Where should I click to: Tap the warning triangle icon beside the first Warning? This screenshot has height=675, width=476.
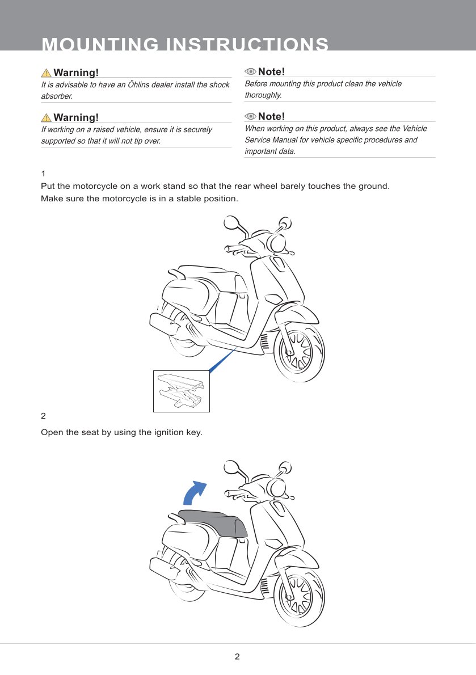point(46,73)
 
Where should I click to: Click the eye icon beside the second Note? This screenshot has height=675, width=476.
point(250,116)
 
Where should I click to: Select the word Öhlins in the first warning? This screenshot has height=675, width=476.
point(138,85)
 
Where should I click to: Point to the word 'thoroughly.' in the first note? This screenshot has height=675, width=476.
point(263,95)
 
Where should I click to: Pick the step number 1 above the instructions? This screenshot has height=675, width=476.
point(43,174)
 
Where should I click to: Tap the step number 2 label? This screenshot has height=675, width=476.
point(43,416)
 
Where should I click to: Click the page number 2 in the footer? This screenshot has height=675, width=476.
point(237,656)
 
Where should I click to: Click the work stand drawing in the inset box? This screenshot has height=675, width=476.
point(181,390)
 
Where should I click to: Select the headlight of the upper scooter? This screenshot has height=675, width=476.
point(276,243)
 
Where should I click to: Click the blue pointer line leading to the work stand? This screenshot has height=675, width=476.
point(222,360)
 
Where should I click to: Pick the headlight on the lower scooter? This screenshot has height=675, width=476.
point(276,488)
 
